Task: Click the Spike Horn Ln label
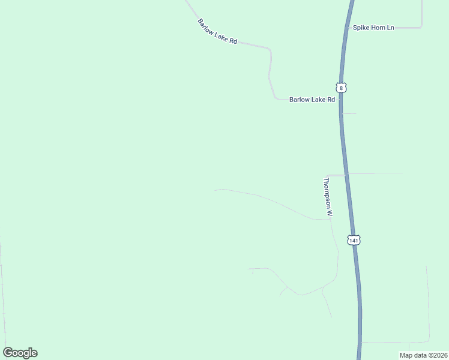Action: click(x=373, y=28)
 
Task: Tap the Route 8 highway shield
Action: click(x=341, y=88)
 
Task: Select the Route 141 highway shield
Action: click(x=354, y=240)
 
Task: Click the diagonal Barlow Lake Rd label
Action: click(x=217, y=32)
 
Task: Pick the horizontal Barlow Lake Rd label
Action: click(x=312, y=100)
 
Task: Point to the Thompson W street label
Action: click(x=328, y=197)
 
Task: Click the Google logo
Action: click(x=20, y=353)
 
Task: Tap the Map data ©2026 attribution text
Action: click(x=423, y=355)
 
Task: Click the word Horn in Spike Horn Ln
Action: click(x=376, y=28)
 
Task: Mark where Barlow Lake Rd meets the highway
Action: click(x=340, y=100)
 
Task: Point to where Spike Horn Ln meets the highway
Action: click(x=348, y=28)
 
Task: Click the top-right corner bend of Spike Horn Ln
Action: click(x=421, y=26)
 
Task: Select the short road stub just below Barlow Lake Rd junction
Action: click(x=349, y=113)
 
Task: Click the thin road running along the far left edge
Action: click(x=2, y=288)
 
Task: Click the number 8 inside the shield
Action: click(x=341, y=88)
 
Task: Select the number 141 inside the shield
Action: click(x=354, y=240)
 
